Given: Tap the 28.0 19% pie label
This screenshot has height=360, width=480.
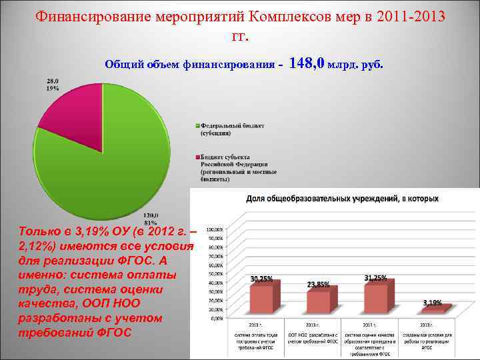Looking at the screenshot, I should (x=53, y=85).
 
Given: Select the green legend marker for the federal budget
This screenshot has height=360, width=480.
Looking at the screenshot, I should (x=197, y=126).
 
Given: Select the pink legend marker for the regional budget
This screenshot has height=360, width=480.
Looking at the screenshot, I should (x=197, y=156).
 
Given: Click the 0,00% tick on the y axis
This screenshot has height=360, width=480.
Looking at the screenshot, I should (x=217, y=319).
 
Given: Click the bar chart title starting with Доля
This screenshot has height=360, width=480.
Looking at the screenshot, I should (x=343, y=199).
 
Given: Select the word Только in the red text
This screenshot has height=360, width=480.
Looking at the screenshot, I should (x=43, y=233).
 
